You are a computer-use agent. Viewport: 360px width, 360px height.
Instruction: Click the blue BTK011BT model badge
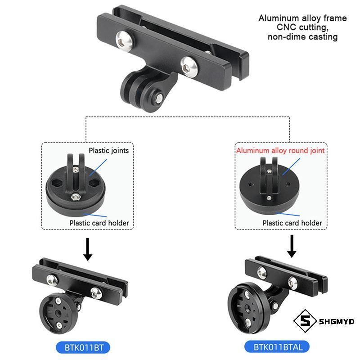point(83,347)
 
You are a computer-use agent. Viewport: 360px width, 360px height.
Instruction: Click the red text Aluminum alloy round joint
point(280,150)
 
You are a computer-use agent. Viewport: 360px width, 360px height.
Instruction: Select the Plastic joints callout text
point(108,150)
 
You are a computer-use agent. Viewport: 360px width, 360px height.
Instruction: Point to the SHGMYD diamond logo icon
point(303,321)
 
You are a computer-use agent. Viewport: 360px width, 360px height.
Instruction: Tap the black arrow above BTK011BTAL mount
point(292,246)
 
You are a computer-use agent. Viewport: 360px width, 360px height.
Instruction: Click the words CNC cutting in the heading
point(302,27)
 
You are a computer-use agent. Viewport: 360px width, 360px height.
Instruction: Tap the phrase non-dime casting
point(302,37)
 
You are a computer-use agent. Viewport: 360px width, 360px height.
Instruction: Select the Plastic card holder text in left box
point(99,223)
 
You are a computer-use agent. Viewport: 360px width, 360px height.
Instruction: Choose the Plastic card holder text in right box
point(292,223)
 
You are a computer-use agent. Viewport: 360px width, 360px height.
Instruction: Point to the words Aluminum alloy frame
point(302,18)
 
